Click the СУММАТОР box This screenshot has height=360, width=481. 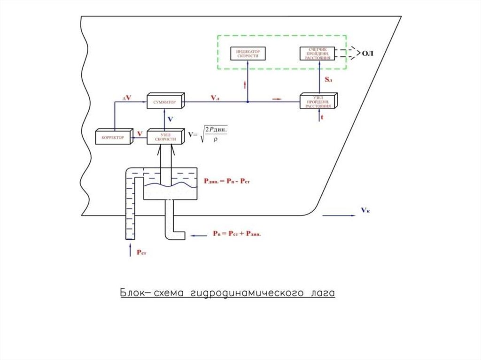pyautogui.click(x=164, y=101)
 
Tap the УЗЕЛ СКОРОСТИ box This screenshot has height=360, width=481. pyautogui.click(x=164, y=137)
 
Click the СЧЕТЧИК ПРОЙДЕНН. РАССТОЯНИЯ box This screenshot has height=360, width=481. pyautogui.click(x=318, y=54)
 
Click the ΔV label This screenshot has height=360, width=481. pyautogui.click(x=126, y=98)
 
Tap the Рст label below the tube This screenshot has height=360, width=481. pyautogui.click(x=141, y=252)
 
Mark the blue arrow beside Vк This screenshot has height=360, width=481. pyautogui.click(x=339, y=215)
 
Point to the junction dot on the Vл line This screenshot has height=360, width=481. pyautogui.click(x=248, y=101)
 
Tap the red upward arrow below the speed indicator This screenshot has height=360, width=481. pyautogui.click(x=245, y=85)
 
